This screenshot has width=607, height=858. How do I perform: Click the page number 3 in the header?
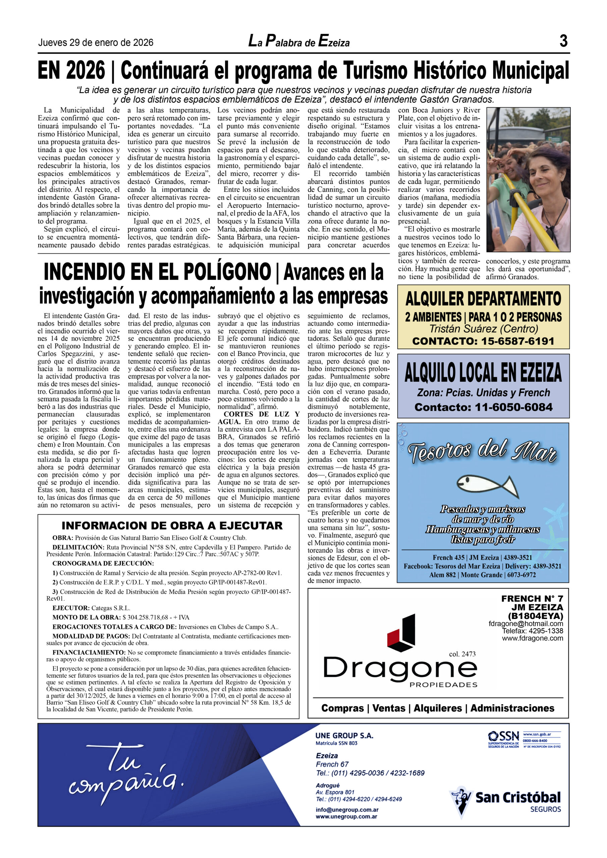click(563, 41)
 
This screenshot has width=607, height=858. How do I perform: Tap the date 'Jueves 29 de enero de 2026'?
click(96, 43)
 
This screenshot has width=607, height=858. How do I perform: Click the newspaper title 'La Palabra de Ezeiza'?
click(299, 42)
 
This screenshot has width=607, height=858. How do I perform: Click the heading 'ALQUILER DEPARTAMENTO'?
click(483, 299)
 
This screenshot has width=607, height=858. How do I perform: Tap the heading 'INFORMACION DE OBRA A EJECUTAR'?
click(172, 526)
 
